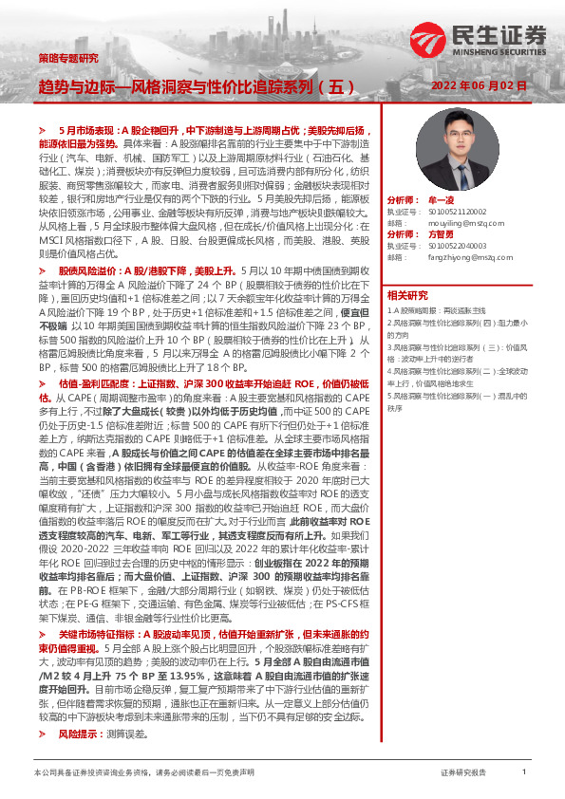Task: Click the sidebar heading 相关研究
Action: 408,296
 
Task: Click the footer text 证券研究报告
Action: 462,773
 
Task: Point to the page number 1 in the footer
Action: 524,773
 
